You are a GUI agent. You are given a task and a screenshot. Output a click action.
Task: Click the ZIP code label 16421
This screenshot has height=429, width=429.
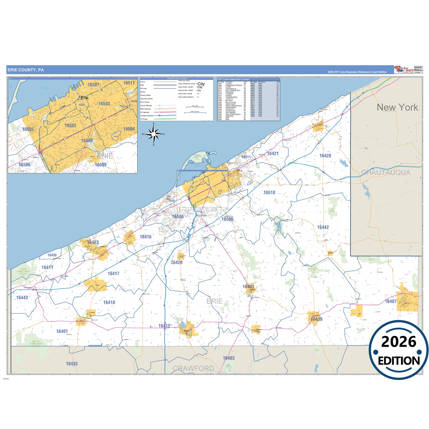[273, 153]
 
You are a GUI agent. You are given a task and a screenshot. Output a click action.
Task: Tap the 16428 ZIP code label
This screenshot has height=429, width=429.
[325, 156]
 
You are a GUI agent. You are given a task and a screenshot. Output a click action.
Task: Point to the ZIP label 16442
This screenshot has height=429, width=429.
[323, 227]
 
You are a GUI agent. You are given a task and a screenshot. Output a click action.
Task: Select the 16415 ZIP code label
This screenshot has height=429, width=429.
[145, 237]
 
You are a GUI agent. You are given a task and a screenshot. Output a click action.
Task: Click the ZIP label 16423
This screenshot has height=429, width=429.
[93, 242]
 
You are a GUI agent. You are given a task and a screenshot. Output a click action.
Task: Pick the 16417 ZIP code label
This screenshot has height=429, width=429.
[113, 273]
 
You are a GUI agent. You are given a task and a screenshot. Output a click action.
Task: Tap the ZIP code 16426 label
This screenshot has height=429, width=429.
[176, 262]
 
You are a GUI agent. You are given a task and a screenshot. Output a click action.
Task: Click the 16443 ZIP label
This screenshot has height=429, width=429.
[22, 297]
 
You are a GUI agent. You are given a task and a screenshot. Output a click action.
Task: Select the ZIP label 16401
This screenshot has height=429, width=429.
[62, 331]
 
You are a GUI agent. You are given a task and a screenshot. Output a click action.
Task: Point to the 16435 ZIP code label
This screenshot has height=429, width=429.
[72, 364]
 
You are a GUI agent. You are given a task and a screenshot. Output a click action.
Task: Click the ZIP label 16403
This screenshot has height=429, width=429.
[229, 358]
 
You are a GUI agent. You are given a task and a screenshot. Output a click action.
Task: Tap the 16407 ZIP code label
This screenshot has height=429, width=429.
[390, 301]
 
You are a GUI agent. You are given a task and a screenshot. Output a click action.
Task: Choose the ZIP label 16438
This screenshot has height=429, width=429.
[316, 319]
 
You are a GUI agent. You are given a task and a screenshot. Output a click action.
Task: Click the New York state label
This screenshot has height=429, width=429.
[397, 107]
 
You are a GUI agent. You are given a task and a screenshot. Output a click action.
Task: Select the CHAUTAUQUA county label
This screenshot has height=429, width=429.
[386, 172]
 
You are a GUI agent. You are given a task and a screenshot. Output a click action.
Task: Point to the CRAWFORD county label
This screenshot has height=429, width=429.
[193, 368]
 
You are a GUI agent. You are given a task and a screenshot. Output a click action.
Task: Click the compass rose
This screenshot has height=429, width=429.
[153, 134]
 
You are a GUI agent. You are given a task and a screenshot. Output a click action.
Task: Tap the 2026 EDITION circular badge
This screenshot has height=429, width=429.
[399, 350]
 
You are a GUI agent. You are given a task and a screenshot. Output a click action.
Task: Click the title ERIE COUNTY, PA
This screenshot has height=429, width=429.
[26, 70]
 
